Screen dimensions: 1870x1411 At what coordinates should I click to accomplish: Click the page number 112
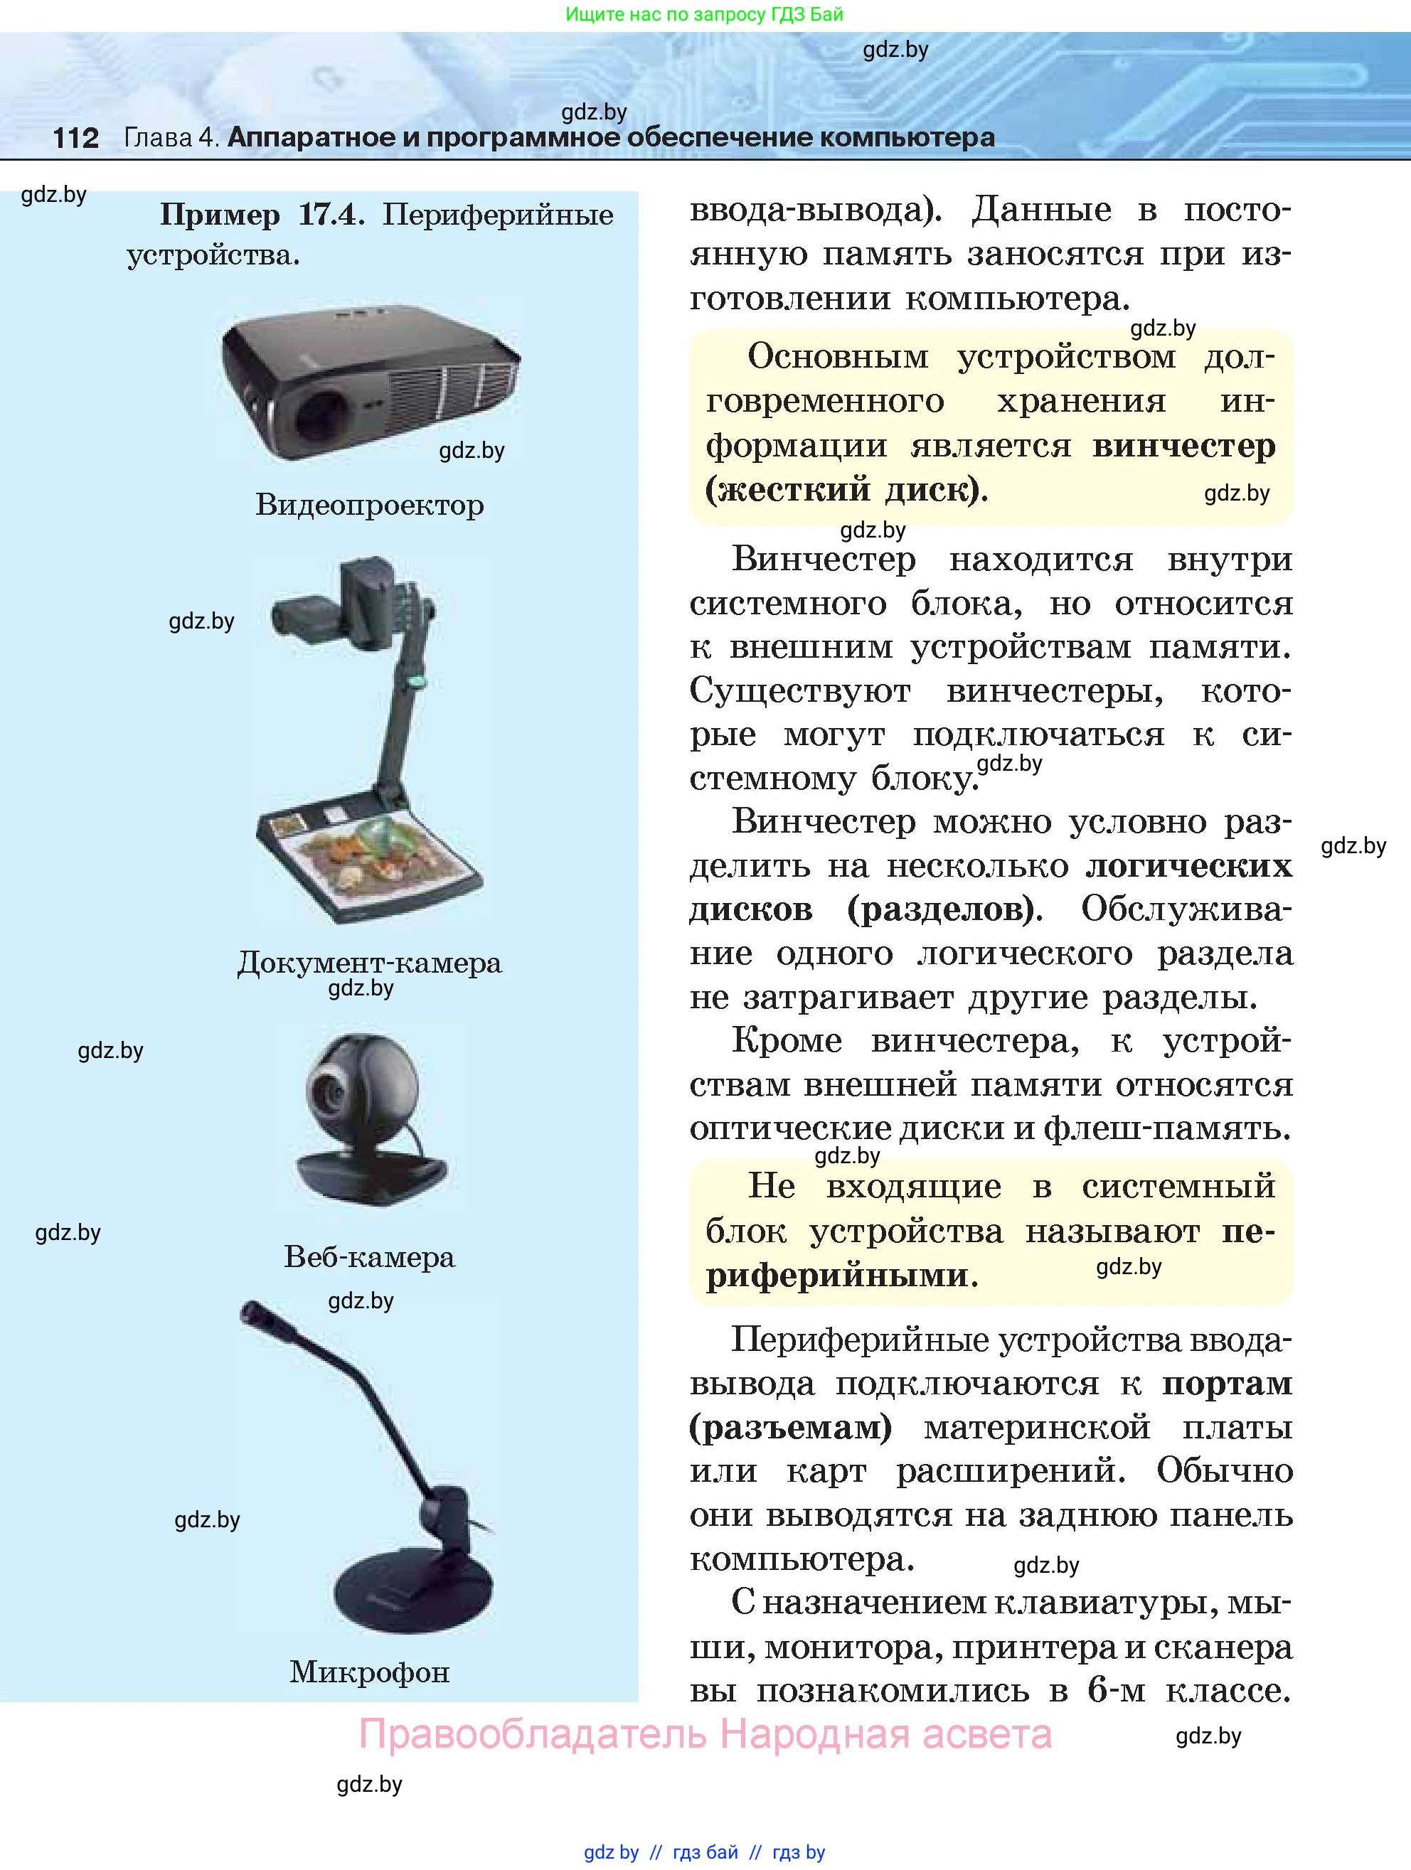(x=76, y=138)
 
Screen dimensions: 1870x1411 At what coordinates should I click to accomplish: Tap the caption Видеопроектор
(x=369, y=506)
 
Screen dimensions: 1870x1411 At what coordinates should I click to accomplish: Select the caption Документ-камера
(x=369, y=963)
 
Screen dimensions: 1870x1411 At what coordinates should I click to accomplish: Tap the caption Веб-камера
(x=369, y=1257)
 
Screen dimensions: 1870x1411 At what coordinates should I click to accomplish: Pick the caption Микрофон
(x=369, y=1672)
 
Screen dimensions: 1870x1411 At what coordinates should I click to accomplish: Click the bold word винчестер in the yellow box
(x=1183, y=446)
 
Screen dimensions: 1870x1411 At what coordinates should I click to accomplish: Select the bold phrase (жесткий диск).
(x=846, y=489)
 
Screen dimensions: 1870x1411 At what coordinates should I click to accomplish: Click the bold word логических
(x=1188, y=866)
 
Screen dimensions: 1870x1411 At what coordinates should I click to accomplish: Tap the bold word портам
(x=1227, y=1384)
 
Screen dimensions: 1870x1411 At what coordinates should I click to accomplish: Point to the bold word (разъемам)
(x=790, y=1428)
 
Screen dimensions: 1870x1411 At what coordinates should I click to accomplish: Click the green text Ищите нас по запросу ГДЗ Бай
(x=703, y=14)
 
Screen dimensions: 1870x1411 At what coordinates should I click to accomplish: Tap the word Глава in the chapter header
(x=159, y=138)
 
